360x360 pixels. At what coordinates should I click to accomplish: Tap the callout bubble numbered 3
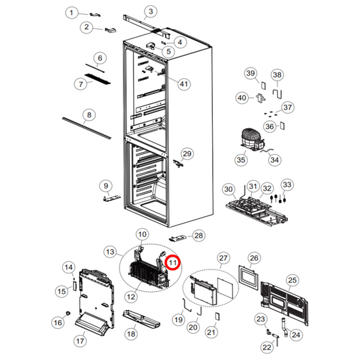(151, 11)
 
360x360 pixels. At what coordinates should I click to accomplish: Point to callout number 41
(183, 83)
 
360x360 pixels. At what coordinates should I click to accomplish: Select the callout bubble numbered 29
(187, 154)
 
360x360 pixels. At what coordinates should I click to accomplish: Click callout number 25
(292, 280)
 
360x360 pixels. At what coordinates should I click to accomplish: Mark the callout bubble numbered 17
(80, 341)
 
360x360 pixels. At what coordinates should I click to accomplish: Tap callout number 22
(266, 347)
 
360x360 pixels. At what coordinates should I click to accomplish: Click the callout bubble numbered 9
(105, 185)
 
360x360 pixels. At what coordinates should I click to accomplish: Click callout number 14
(68, 268)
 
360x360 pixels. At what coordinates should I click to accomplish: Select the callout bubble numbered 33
(286, 184)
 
